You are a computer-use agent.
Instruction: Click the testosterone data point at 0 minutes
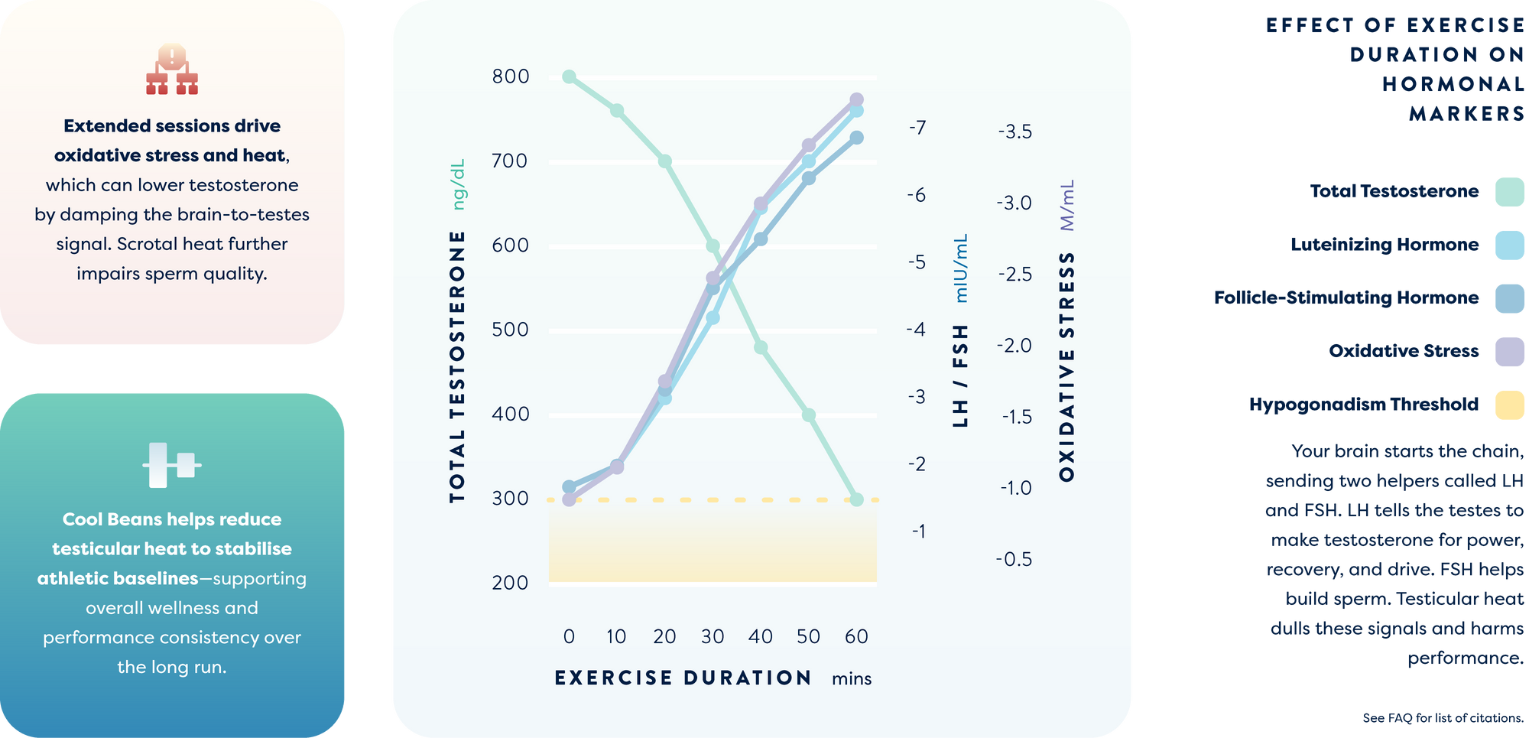[569, 76]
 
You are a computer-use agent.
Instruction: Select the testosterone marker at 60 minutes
[856, 499]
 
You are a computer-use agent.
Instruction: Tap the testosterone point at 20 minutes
[664, 161]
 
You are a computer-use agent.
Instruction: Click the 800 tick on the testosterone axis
[511, 76]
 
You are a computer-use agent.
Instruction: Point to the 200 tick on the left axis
[511, 583]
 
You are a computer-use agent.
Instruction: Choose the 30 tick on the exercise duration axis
[713, 636]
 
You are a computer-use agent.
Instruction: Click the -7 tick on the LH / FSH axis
[917, 128]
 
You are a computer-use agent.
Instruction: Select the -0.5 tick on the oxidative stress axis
[1014, 559]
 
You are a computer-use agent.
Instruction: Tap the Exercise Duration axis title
[683, 678]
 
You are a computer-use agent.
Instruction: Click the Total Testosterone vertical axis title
[457, 367]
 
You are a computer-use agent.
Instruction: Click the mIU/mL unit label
[961, 268]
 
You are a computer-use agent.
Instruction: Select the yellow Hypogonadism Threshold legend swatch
[1509, 405]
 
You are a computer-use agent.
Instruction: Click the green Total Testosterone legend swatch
[1509, 192]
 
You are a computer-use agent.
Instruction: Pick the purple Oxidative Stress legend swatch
[1509, 352]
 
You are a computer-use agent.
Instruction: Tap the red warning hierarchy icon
[172, 69]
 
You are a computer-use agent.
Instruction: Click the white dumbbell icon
[172, 464]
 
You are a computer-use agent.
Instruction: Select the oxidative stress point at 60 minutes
[856, 99]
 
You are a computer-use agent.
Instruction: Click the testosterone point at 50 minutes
[808, 415]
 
